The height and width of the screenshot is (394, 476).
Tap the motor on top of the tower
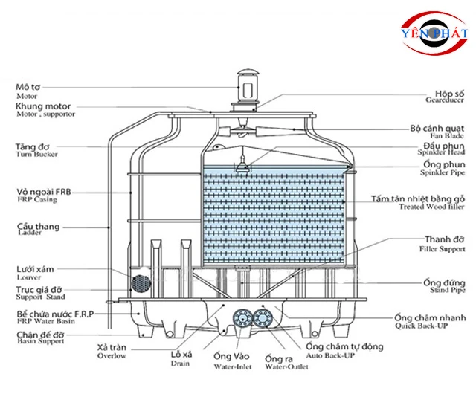click(246, 88)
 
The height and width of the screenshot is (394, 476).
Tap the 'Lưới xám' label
click(33, 268)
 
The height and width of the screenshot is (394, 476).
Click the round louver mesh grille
click(140, 283)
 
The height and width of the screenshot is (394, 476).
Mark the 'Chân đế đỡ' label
click(39, 334)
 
